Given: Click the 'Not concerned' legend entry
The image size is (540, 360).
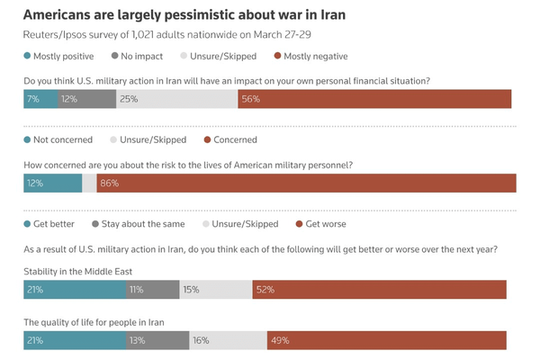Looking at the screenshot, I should point(60,139).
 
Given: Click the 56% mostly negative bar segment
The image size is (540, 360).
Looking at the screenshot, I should point(374,99).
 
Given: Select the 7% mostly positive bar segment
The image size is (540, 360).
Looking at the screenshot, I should point(40,99).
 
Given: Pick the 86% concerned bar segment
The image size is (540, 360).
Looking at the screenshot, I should point(306,183).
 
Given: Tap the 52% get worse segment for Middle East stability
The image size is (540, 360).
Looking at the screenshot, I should point(379,290).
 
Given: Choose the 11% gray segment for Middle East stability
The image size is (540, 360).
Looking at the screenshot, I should point(152,290).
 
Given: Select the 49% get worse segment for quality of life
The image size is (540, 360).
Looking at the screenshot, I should point(386,340).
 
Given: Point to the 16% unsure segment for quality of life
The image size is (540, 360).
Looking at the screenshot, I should point(228,340).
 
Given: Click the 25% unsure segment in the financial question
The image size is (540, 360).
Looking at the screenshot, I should point(175,99).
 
